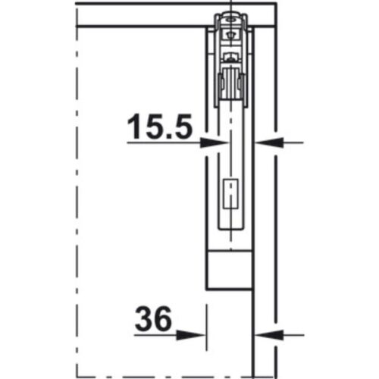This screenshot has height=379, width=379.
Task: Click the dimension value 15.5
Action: tap(158, 127)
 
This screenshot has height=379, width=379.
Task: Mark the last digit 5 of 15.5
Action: tap(179, 127)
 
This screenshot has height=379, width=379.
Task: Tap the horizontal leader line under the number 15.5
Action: tap(163, 141)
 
